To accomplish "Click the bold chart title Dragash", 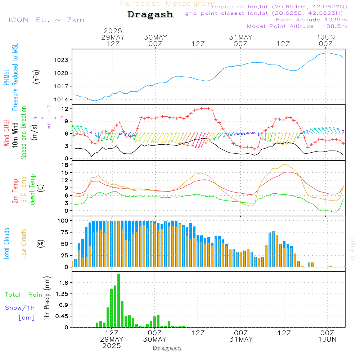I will click(x=150, y=14).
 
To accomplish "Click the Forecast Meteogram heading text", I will click(x=168, y=4).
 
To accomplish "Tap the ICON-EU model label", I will click(x=46, y=20).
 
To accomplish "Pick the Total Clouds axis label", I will click(x=6, y=243).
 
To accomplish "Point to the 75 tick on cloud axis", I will click(x=66, y=232).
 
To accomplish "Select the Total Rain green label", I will click(x=23, y=295).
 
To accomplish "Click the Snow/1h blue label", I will click(x=20, y=308).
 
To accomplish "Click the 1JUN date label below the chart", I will click(x=327, y=339).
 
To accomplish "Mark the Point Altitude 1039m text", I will click(x=311, y=19).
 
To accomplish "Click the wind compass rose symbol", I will click(x=49, y=118).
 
